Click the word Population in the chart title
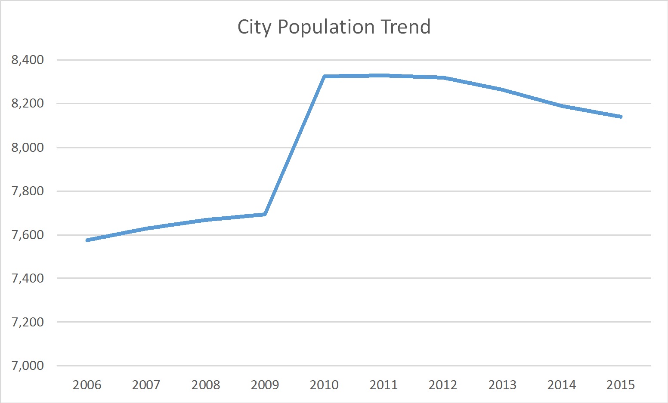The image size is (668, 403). (x=326, y=27)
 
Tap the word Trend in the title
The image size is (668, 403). (x=405, y=27)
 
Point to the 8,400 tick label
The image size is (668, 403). (x=28, y=60)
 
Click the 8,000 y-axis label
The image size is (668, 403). (x=28, y=148)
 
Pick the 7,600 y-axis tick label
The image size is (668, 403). (x=28, y=235)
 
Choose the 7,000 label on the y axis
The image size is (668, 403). (x=28, y=366)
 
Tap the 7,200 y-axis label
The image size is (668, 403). (x=28, y=322)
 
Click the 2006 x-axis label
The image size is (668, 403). (x=87, y=385)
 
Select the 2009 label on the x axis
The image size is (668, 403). (x=265, y=385)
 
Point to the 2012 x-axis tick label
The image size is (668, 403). (x=443, y=385)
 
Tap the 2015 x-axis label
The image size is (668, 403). (x=621, y=385)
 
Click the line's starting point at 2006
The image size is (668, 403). (x=87, y=240)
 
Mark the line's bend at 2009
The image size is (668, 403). (x=265, y=214)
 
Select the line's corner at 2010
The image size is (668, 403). (x=325, y=77)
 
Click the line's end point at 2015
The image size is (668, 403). (x=621, y=117)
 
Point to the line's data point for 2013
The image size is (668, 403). (x=502, y=90)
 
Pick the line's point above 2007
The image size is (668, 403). (x=146, y=228)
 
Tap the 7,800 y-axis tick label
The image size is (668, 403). (x=28, y=191)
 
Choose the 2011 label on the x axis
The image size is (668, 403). (x=383, y=385)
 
